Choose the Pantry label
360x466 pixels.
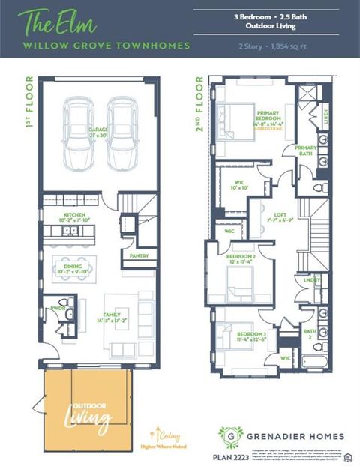click(139, 255)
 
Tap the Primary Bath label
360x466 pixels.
click(307, 151)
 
